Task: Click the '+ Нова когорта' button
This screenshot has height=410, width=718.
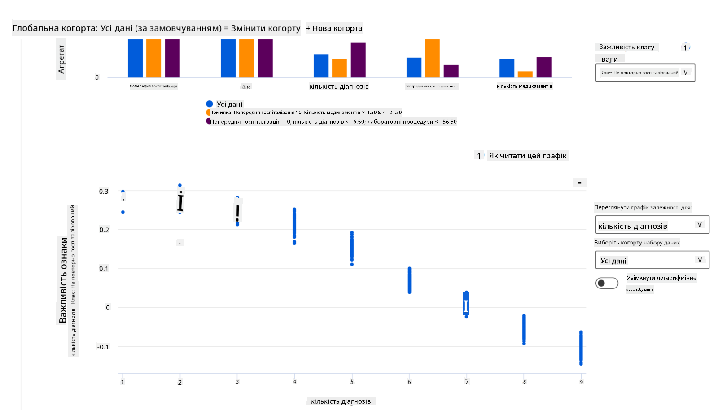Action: [x=334, y=28]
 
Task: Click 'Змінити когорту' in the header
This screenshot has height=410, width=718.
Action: [x=266, y=28]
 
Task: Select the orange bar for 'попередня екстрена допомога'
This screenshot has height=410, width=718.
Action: [x=432, y=58]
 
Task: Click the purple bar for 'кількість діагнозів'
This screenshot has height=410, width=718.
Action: [x=358, y=60]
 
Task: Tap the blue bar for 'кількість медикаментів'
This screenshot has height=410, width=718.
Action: [x=507, y=68]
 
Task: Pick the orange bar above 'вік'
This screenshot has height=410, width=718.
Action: [x=246, y=58]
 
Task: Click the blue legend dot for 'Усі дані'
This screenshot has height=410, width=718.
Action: [x=210, y=104]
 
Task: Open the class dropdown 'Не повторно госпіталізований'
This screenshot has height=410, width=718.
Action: [x=645, y=73]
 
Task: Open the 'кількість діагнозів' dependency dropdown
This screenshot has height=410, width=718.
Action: [x=652, y=225]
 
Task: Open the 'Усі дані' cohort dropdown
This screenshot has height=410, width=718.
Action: [x=652, y=260]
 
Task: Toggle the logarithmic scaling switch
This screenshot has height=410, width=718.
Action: [x=607, y=283]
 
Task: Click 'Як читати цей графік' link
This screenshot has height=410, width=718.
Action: [x=528, y=156]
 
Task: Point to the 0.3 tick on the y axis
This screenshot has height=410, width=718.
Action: [x=104, y=192]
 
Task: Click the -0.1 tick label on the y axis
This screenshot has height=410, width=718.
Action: [x=103, y=347]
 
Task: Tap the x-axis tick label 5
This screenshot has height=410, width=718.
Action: [x=352, y=382]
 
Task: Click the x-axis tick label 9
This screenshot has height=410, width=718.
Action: [x=581, y=382]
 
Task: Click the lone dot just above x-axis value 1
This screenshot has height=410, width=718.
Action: [x=123, y=212]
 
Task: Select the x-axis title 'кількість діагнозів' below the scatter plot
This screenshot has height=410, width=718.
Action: [x=341, y=401]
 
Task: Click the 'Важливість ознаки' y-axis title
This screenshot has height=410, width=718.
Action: [x=63, y=280]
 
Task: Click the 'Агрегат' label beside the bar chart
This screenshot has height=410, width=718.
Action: [x=61, y=59]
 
